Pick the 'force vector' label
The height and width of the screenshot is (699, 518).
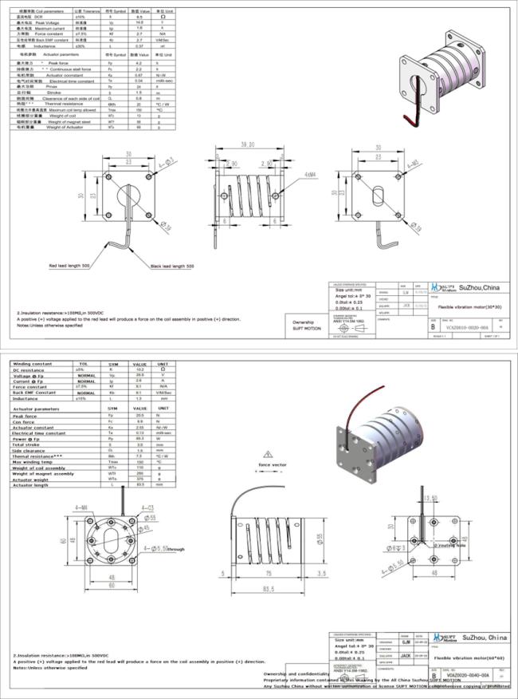pos(273,464)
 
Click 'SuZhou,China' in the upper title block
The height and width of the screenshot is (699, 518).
pos(477,287)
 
